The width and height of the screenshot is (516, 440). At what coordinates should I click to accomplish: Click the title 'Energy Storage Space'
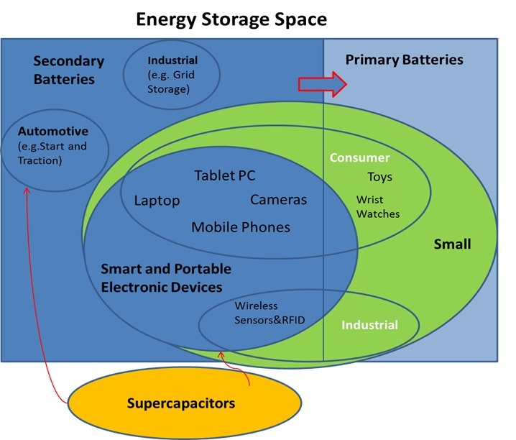point(231,19)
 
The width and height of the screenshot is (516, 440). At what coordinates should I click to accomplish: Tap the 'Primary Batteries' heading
point(404,59)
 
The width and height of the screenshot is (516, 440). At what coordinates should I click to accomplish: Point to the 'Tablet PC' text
point(224,175)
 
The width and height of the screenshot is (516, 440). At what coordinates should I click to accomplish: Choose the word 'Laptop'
point(157,200)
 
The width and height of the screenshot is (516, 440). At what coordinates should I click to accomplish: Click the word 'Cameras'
point(278,199)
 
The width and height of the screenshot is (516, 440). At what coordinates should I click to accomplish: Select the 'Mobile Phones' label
point(241,227)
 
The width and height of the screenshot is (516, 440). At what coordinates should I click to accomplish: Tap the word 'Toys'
point(379,177)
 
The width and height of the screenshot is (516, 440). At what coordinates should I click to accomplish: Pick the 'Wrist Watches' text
point(378,206)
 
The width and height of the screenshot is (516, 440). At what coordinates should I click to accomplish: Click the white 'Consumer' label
point(359,157)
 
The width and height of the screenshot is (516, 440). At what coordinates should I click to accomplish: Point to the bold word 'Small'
point(452,244)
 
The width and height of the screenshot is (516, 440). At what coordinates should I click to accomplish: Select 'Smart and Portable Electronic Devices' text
point(166,278)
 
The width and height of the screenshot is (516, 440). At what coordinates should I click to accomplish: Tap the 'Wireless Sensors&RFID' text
point(266,313)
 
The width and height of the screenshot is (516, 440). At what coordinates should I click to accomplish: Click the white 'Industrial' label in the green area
point(369,325)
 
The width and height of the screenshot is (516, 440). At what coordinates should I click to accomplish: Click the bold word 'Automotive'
point(53,132)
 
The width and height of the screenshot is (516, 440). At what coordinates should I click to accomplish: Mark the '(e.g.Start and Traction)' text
point(52,153)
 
